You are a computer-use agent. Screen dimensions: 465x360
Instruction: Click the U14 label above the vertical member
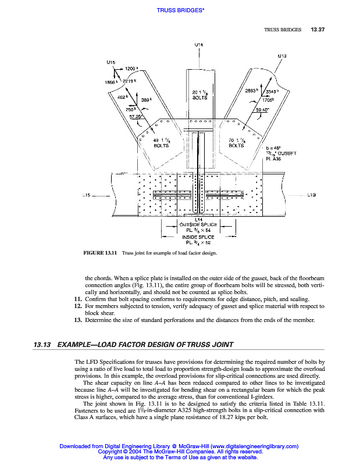tap(198, 44)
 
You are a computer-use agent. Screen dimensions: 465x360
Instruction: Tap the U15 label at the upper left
tap(111, 61)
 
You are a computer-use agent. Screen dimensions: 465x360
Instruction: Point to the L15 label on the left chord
tap(85, 195)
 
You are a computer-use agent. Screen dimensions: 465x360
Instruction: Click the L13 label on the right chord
tap(311, 195)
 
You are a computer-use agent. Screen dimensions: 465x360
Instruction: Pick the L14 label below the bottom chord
tap(198, 219)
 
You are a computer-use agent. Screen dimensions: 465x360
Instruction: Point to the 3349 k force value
tap(272, 91)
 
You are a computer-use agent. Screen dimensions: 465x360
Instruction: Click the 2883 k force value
tap(251, 91)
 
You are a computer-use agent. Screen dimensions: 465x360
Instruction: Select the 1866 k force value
tap(110, 82)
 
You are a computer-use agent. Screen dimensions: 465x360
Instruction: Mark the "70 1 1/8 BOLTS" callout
tap(236, 143)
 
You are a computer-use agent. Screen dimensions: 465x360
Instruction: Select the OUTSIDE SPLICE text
tap(198, 224)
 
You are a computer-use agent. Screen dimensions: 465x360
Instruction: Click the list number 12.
tap(77, 306)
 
